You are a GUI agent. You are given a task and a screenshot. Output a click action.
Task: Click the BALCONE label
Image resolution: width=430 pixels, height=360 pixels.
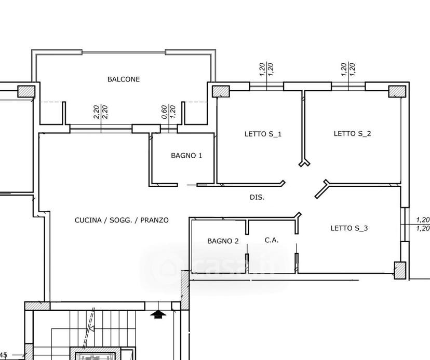coord(124,79)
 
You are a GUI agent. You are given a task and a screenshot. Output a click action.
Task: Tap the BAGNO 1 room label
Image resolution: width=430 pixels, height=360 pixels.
coord(186,156)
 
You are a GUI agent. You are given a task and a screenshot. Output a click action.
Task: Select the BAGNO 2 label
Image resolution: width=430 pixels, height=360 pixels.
coord(223,241)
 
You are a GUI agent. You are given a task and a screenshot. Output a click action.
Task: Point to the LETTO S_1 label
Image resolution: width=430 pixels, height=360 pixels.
coord(263,134)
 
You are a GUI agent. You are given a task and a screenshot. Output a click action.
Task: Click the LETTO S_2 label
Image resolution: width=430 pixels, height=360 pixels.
coord(353,133)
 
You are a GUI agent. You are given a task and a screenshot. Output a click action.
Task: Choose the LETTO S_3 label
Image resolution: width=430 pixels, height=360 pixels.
coord(349,228)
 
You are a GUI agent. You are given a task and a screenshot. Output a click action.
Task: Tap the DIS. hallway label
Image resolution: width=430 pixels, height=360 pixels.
coord(257,197)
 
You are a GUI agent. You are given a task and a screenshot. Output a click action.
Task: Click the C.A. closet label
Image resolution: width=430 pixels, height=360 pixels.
coord(272,240)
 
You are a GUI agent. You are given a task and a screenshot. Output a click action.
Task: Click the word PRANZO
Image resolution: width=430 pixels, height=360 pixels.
coord(154,220)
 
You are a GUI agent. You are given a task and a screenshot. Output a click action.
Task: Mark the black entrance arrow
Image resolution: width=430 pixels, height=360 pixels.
coord(158,314)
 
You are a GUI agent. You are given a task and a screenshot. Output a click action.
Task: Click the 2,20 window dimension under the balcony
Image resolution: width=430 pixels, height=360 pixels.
coord(101,112)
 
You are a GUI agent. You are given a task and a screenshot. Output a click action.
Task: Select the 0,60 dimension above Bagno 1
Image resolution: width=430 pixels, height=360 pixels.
coord(165,112)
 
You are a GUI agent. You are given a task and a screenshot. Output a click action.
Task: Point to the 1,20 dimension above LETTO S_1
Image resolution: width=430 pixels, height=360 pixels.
coord(266,70)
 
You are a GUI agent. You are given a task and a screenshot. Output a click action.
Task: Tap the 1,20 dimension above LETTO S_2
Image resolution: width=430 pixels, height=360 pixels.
coord(348,70)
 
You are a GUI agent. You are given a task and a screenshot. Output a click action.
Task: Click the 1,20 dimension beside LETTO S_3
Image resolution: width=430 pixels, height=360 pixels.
coord(423,224)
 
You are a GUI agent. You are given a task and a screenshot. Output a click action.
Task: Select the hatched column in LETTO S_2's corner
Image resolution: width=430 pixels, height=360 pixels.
coord(397,91)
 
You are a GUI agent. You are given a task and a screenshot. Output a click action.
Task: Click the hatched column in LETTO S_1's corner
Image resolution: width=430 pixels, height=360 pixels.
coord(221,91)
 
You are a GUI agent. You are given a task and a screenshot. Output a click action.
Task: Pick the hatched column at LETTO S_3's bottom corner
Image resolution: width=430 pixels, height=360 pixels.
coord(400,270)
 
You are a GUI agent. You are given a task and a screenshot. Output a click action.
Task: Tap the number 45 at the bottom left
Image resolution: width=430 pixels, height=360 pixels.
coord(4,355)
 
